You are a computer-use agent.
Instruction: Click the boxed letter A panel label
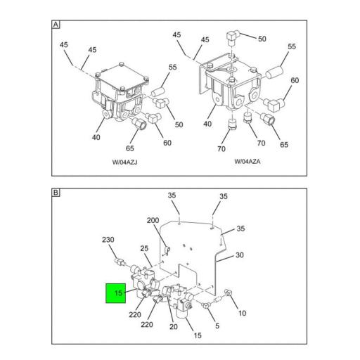(x=56, y=25)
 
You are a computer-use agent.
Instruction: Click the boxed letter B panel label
(x=56, y=193)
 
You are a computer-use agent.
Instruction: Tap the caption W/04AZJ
(x=124, y=162)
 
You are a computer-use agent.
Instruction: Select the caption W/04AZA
(x=247, y=162)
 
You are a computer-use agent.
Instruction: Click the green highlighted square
(x=116, y=293)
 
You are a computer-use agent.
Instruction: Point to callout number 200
(x=153, y=220)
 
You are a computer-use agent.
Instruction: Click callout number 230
(x=108, y=240)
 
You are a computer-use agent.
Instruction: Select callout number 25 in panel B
(x=144, y=248)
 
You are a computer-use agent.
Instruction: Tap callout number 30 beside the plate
(x=240, y=255)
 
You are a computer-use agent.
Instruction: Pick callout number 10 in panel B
(x=242, y=313)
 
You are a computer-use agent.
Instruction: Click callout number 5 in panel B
(x=217, y=326)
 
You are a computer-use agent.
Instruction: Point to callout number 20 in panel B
(x=174, y=326)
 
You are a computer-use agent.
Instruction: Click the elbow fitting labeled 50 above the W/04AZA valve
(x=232, y=37)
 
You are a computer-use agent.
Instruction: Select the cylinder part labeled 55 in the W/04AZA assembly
(x=274, y=72)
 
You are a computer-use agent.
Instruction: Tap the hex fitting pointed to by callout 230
(x=120, y=262)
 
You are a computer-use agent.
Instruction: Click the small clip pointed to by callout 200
(x=167, y=250)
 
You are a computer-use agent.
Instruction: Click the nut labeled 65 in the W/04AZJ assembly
(x=139, y=124)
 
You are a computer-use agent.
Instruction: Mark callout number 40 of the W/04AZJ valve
(x=96, y=137)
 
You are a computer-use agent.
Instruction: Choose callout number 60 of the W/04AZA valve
(x=295, y=80)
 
